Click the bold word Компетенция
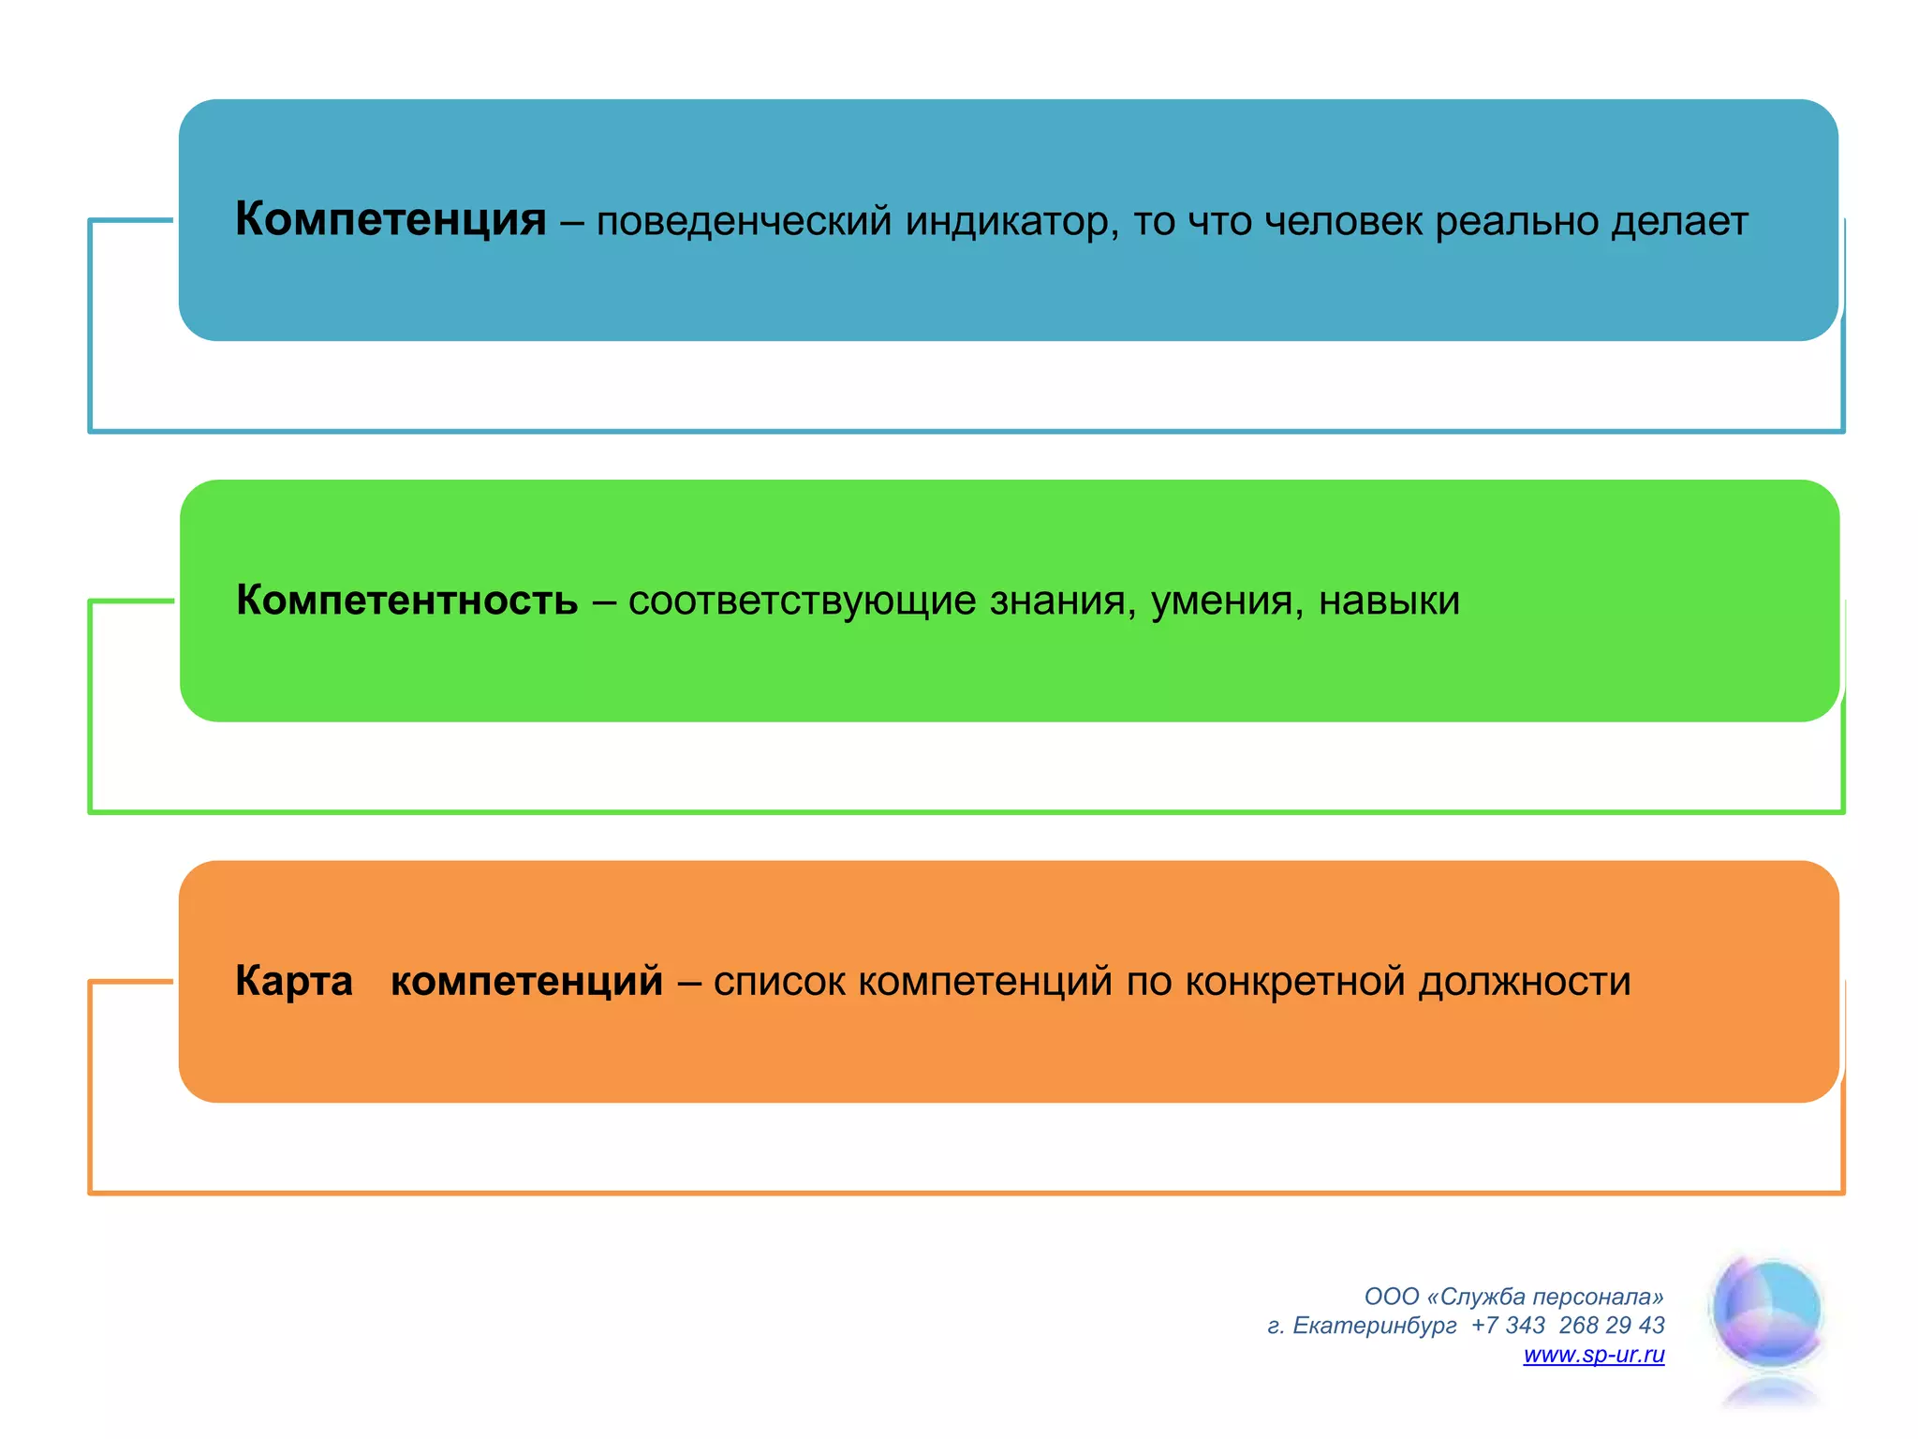[391, 220]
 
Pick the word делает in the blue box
[1679, 222]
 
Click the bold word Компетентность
[406, 601]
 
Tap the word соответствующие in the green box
[802, 601]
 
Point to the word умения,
[1227, 601]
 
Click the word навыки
[1389, 601]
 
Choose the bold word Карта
[294, 981]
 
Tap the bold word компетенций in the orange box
[526, 982]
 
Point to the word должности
[1524, 982]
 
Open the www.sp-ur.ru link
[1594, 1355]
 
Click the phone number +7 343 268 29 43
[1568, 1326]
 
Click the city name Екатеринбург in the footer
[1374, 1326]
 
